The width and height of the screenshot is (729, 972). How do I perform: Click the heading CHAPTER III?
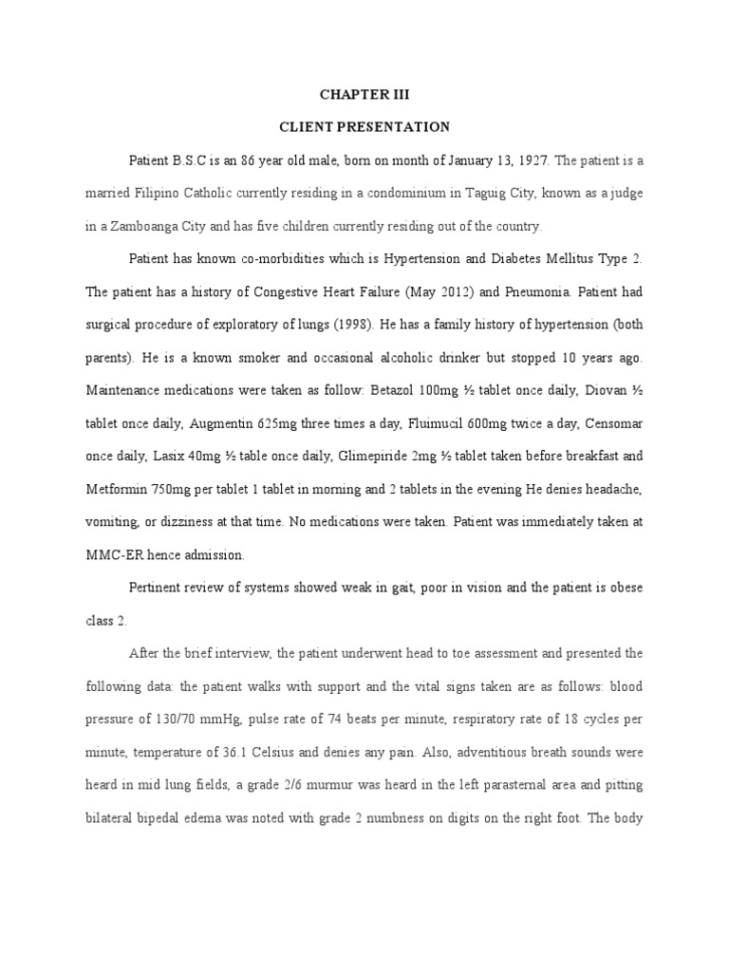pyautogui.click(x=364, y=95)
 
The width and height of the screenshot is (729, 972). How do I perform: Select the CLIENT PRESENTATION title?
pyautogui.click(x=364, y=126)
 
